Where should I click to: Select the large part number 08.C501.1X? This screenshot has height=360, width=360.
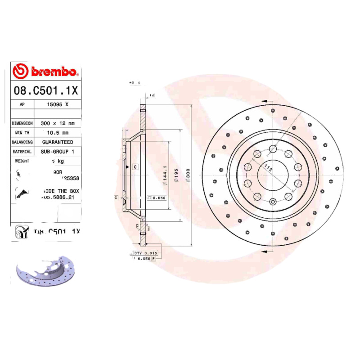coord(46,90)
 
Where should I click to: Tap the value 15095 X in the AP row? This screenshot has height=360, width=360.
coord(58,104)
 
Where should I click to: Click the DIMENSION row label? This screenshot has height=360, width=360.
coord(22,123)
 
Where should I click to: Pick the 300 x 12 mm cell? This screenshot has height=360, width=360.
coord(58,123)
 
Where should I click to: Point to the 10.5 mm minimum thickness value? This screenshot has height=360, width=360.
coord(58,132)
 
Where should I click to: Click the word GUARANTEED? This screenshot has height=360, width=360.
coord(58,142)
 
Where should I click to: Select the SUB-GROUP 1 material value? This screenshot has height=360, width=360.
coord(58,152)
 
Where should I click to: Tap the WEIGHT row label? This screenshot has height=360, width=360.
coord(22,161)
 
